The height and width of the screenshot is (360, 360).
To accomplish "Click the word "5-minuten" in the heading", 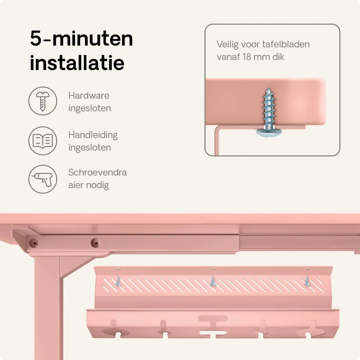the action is (81, 39).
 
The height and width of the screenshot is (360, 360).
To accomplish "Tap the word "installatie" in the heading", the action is (77, 62).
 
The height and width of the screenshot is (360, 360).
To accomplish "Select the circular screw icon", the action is (43, 101).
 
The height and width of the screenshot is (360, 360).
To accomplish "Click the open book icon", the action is (43, 141).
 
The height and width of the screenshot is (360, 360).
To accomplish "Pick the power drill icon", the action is (43, 179).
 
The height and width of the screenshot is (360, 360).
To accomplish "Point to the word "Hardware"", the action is (89, 95).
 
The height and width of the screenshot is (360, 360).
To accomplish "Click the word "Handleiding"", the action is (93, 135).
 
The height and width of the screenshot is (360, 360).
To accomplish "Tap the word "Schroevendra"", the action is (98, 172).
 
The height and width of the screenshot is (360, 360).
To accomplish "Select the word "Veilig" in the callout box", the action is (228, 45).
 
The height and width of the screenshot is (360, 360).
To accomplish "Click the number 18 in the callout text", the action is (247, 57).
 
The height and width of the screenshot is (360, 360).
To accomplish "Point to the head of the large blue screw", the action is (269, 133).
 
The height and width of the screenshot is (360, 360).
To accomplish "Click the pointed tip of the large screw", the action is (268, 89).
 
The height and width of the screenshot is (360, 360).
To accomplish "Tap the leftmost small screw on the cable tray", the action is (118, 281).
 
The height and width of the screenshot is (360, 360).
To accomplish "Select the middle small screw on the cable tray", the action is (213, 281).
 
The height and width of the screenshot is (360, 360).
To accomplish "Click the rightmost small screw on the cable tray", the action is (307, 281).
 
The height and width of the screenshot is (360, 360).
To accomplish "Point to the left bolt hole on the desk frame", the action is (33, 242).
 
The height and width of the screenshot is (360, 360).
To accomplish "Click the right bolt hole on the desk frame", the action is (95, 243).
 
